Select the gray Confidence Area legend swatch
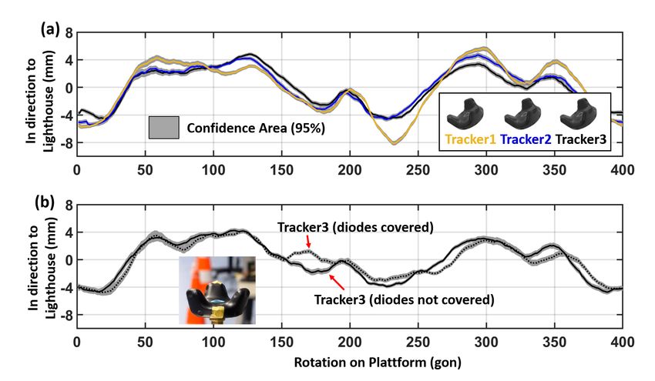(x=164, y=128)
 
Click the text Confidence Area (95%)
(x=255, y=129)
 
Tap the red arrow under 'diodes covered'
(x=308, y=243)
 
